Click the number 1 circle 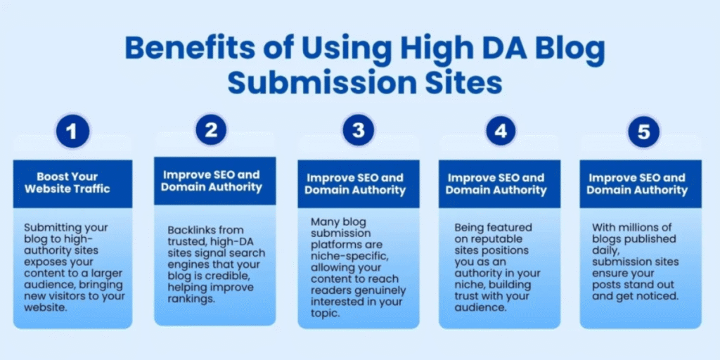(72, 131)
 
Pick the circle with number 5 (643, 131)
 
